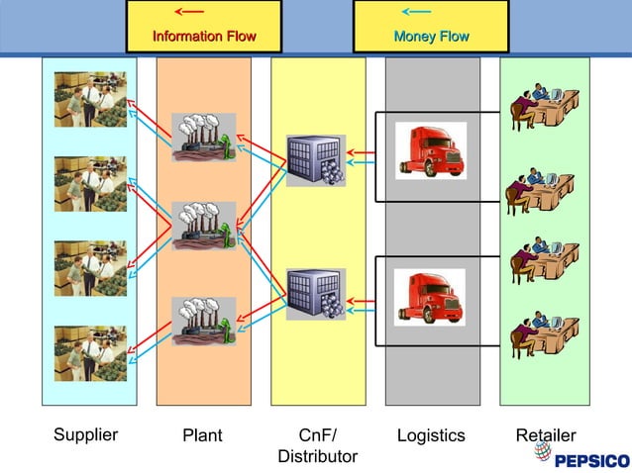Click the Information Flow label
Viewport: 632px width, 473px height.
[204, 37]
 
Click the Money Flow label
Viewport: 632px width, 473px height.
[431, 37]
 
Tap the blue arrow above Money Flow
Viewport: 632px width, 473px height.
[416, 12]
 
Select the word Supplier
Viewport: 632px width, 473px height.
[85, 434]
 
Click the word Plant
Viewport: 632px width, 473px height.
[202, 435]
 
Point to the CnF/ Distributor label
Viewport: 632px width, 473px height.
[317, 445]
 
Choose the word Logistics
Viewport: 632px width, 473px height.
[431, 435]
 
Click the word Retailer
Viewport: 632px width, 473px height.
[546, 434]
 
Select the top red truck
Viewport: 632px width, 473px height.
[430, 150]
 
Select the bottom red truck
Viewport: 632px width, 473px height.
[429, 297]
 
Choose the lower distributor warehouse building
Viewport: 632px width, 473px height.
[315, 294]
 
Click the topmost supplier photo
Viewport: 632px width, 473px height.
[90, 99]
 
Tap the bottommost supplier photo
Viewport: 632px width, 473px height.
[90, 353]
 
